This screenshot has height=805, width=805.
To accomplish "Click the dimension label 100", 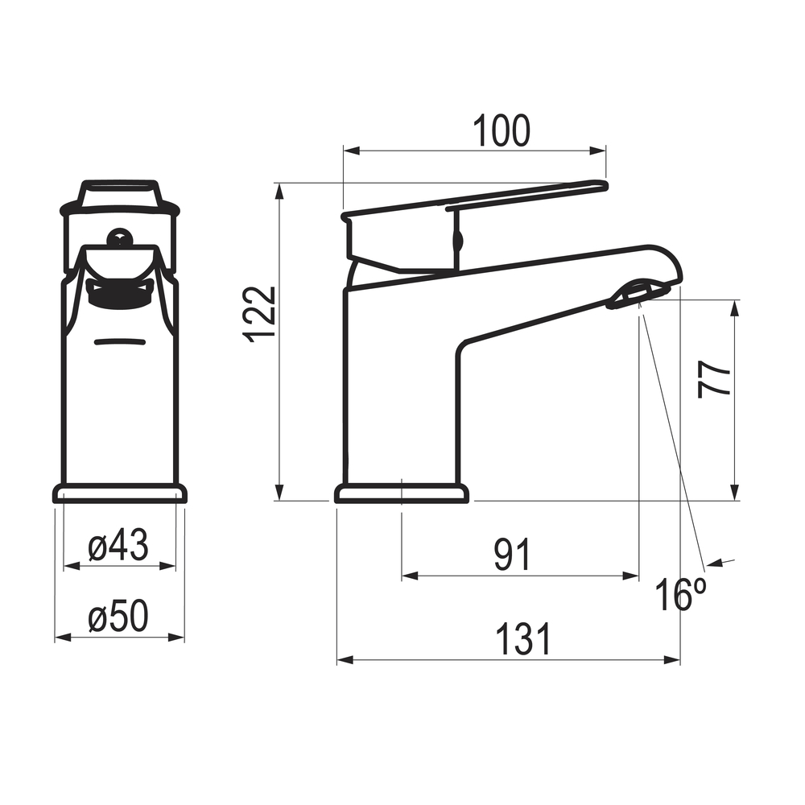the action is (501, 131).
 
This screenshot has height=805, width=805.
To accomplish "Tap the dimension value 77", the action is (713, 379).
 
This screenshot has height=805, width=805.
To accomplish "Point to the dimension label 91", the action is (512, 555).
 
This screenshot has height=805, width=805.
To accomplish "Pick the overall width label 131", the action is (523, 638).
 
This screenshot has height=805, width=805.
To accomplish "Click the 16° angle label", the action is (681, 594).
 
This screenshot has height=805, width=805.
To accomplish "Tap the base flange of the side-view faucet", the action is (402, 494).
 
